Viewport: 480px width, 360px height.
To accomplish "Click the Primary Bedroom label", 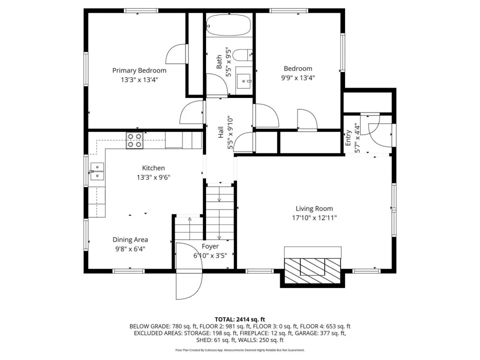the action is coord(139,70).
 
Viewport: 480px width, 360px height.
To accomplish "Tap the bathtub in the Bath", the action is coord(228,25).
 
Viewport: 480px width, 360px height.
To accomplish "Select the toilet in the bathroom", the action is coord(242,55).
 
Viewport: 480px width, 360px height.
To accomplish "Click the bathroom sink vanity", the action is coord(244,81).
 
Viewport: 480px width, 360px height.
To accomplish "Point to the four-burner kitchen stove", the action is coord(134,140).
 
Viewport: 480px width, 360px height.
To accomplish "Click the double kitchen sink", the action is coord(96,171).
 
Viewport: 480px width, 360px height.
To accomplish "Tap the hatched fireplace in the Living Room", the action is coord(312,271).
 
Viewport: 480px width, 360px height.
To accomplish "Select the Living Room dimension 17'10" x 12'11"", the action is coord(314,218).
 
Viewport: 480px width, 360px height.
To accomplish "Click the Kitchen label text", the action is coord(153,168).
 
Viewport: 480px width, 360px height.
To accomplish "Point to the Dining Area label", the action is coord(130,239).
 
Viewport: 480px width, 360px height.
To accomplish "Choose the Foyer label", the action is coord(210,246).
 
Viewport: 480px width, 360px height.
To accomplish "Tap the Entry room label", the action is coord(348,138).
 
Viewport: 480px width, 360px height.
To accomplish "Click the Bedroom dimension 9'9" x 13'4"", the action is coord(298,78).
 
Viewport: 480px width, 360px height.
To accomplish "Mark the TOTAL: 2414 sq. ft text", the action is coord(239,319).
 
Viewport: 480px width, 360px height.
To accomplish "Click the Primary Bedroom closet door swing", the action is coord(176,54).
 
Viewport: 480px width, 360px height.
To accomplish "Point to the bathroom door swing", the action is coord(217,84).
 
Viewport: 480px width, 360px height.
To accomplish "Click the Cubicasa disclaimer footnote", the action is coord(239,350).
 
